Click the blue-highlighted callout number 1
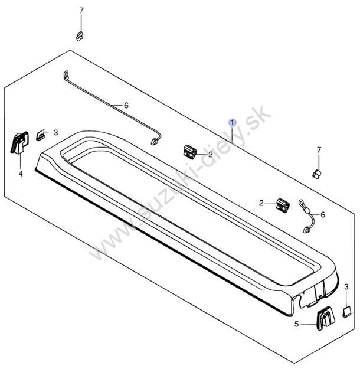pos(233,122)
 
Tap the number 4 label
pos(21,174)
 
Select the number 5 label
pos(296,324)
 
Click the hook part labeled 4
pos(19,143)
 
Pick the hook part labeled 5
pos(326,318)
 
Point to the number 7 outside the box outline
pos(81,11)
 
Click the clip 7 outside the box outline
pos(80,36)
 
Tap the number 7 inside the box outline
pos(319,150)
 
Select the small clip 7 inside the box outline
pos(317,174)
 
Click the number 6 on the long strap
pos(126,106)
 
